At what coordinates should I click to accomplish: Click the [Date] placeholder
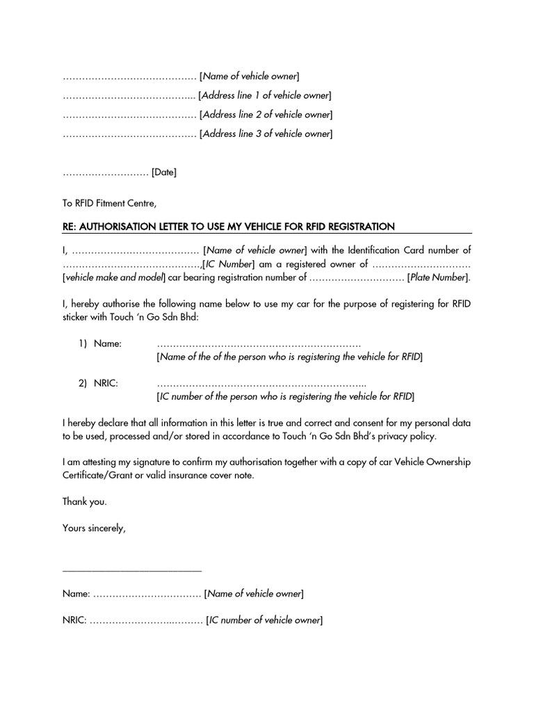164,172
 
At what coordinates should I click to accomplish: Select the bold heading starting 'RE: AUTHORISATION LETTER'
229,227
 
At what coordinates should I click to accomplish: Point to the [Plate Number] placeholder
439,278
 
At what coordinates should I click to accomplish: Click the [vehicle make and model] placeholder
115,278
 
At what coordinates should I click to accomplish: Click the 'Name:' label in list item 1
108,343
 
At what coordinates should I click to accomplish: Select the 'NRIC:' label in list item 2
106,383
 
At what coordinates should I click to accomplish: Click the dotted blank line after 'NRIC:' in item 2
261,384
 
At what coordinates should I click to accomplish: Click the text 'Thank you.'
85,501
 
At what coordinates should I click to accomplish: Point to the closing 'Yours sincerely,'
94,528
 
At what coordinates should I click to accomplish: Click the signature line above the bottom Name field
132,571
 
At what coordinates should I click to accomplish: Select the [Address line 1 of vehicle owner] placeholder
265,95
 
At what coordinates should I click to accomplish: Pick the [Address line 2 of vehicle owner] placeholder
266,115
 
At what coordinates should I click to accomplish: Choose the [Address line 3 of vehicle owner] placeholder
266,133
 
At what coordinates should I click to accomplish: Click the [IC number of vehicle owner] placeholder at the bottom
264,620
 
